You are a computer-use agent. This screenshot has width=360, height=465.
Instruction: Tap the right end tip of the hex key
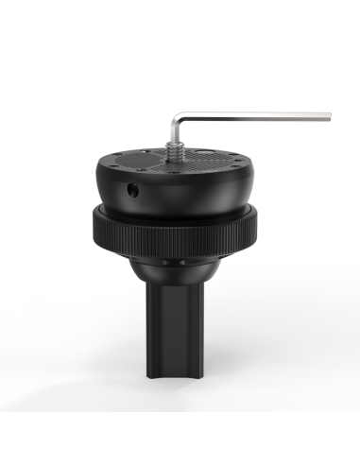[330, 116]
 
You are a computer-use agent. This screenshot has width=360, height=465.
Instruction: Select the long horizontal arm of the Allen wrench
[255, 116]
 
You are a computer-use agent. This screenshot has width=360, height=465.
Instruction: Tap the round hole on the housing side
[131, 190]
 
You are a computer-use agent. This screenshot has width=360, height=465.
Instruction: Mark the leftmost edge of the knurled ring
[93, 227]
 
